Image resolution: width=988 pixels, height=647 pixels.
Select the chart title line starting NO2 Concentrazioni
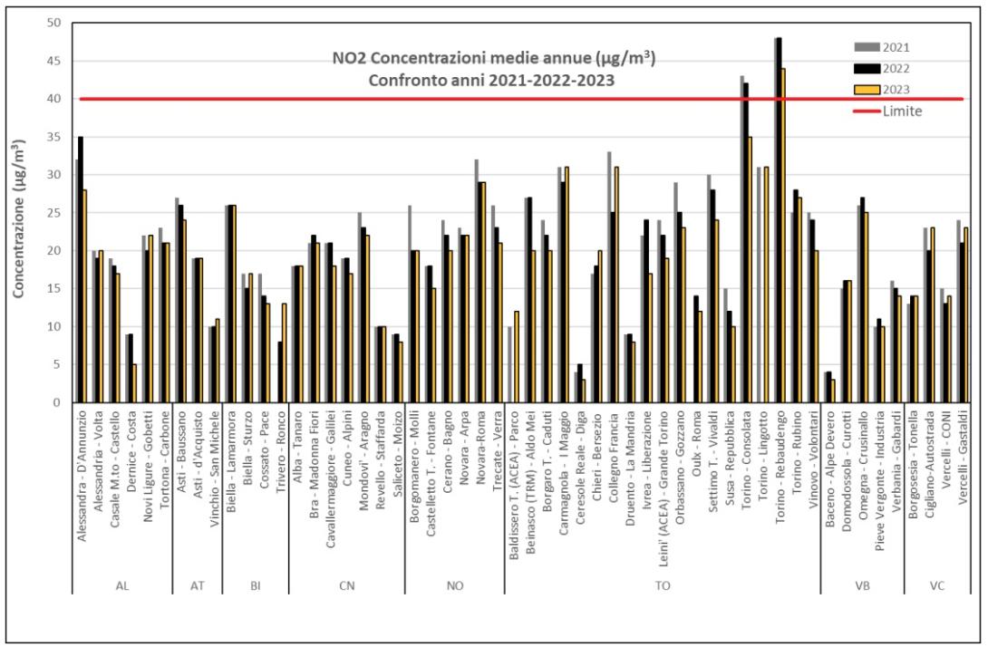(493, 59)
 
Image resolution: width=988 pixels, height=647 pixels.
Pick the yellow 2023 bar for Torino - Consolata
(749, 269)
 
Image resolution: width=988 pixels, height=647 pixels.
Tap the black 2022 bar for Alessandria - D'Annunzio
(81, 269)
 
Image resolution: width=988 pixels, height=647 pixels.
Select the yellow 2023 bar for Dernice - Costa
(134, 383)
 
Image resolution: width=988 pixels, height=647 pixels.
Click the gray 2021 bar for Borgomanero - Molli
(410, 304)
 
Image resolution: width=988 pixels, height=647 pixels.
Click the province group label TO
(663, 585)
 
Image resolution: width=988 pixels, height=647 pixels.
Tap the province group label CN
(346, 585)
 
